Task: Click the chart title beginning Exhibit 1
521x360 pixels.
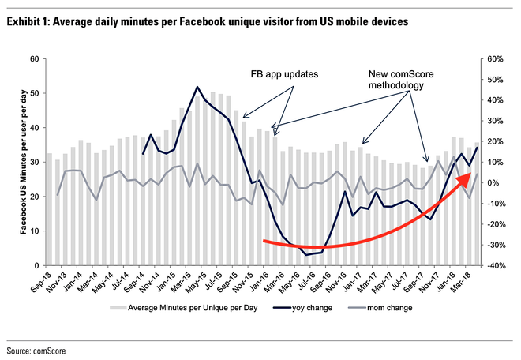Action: click(x=208, y=23)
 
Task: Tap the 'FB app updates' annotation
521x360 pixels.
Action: click(x=285, y=75)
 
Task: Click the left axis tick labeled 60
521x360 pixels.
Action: click(x=34, y=59)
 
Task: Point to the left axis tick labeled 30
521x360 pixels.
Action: click(x=34, y=163)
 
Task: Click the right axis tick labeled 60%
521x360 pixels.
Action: click(x=495, y=59)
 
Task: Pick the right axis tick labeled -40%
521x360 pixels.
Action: click(x=495, y=266)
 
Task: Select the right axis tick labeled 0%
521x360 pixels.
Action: click(x=492, y=183)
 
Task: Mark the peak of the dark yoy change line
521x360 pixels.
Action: click(x=197, y=87)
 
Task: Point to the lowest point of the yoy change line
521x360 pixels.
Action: click(x=306, y=255)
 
